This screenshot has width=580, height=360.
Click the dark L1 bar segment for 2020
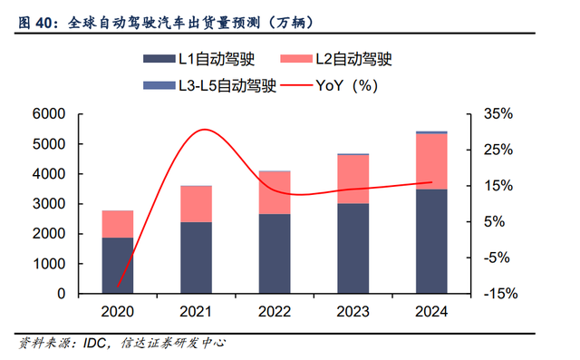click(118, 266)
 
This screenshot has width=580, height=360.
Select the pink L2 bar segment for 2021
click(196, 204)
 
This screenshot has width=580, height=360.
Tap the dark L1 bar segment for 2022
click(275, 253)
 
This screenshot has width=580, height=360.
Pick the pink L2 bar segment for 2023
click(353, 179)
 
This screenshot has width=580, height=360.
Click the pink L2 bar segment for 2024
click(431, 161)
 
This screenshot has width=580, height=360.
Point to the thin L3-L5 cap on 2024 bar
click(431, 132)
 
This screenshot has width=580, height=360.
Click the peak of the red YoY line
click(204, 130)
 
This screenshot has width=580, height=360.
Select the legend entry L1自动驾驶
click(199, 59)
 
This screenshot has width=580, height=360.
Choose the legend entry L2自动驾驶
click(336, 59)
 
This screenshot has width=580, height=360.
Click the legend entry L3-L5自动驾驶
click(209, 85)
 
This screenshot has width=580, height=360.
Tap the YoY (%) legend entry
click(329, 85)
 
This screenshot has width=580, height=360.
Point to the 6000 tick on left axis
click(49, 113)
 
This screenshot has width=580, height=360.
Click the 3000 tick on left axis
click(49, 203)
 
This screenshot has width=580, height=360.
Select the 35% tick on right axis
click(498, 113)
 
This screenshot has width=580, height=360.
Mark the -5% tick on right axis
click(497, 258)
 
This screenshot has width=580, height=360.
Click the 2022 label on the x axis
click(275, 312)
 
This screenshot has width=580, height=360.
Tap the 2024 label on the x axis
click(431, 312)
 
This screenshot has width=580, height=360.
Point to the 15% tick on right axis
click(498, 186)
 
